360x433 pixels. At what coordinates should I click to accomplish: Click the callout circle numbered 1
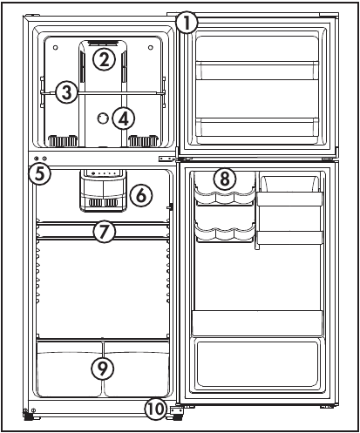click(x=187, y=23)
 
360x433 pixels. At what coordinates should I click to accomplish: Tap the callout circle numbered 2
click(x=104, y=59)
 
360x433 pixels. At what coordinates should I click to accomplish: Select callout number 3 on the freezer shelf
click(x=67, y=92)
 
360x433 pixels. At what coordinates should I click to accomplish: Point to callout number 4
click(x=124, y=118)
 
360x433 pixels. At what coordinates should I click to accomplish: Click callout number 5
click(x=40, y=174)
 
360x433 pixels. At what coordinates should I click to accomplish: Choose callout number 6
click(x=141, y=195)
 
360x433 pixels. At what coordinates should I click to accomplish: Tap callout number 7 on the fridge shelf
click(x=104, y=232)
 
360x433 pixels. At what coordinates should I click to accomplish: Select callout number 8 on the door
click(x=225, y=179)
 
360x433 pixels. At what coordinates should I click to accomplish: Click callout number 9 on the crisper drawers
click(x=102, y=369)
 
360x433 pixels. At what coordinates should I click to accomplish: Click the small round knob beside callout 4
click(x=102, y=118)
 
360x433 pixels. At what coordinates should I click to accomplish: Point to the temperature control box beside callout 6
click(x=104, y=191)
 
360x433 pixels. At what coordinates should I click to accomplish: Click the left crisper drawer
click(x=70, y=369)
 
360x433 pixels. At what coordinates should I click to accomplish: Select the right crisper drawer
click(x=137, y=369)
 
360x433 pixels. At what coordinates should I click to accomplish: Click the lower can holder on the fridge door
click(x=225, y=233)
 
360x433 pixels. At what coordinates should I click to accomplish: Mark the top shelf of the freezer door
click(x=257, y=71)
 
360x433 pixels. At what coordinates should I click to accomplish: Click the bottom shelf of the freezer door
click(x=257, y=128)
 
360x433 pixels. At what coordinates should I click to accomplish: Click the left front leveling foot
click(x=28, y=417)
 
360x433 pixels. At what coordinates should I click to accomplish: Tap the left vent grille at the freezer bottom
click(x=63, y=141)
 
